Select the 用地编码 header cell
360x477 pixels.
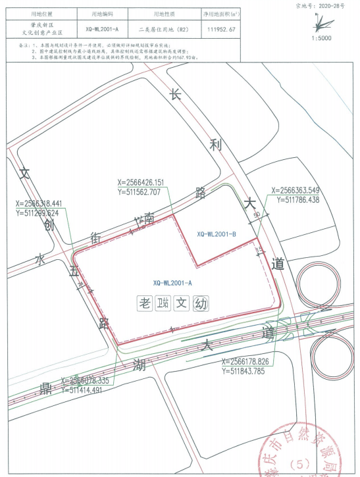tap(102, 14)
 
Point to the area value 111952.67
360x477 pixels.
tap(221, 30)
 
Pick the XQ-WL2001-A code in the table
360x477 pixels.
tap(102, 30)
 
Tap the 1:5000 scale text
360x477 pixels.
tap(321, 38)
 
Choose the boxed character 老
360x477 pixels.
tap(144, 304)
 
